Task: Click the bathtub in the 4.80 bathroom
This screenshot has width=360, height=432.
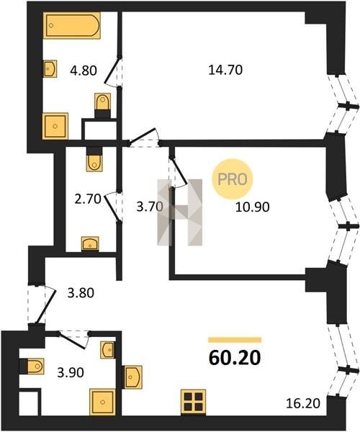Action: point(71,25)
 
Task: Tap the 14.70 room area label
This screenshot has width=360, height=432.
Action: point(225,70)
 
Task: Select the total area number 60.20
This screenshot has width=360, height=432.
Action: point(235,358)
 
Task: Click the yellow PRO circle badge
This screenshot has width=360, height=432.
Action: point(232,179)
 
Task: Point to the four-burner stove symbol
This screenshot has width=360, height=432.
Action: point(194,402)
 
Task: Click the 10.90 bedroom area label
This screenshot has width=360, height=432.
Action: point(252,207)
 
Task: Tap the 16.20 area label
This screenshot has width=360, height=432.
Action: point(303,403)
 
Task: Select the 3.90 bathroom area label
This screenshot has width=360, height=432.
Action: point(71,373)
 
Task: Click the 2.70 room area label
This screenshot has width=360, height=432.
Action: point(88,199)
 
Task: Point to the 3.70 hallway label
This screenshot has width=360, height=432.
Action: point(150,207)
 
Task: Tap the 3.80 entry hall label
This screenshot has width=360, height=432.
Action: point(81,292)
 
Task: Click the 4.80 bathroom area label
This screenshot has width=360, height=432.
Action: point(84,71)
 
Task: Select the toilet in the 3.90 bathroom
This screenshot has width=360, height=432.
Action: point(32,366)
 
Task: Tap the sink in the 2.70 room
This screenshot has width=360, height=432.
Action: point(90,243)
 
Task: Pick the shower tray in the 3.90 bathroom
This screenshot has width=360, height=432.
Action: point(102,402)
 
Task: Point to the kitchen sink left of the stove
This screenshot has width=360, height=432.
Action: point(132,377)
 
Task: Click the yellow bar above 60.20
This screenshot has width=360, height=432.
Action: point(235,340)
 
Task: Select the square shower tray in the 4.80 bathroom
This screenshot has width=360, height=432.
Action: point(55,126)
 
